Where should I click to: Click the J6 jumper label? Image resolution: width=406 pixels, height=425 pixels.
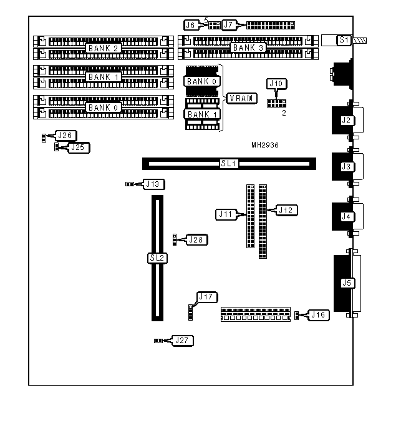coord(191,25)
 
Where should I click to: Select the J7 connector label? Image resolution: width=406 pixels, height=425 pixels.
coord(230,25)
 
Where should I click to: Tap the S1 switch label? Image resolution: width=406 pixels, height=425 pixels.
coord(344,40)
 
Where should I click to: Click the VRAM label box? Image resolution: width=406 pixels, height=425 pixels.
coord(239,98)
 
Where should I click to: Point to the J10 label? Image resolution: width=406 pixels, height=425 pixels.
coord(275,84)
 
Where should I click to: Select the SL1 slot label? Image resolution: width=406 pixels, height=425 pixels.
coord(229,164)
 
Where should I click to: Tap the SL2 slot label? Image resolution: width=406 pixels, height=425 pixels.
coord(157,257)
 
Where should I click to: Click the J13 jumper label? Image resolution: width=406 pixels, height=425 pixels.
coord(153,184)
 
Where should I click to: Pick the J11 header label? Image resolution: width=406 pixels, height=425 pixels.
coord(225,214)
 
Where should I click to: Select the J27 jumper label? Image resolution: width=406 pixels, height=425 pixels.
coord(183,341)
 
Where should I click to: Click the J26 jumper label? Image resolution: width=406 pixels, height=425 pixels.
coord(65,135)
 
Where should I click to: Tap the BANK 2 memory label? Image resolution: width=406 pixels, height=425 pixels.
coord(103,48)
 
